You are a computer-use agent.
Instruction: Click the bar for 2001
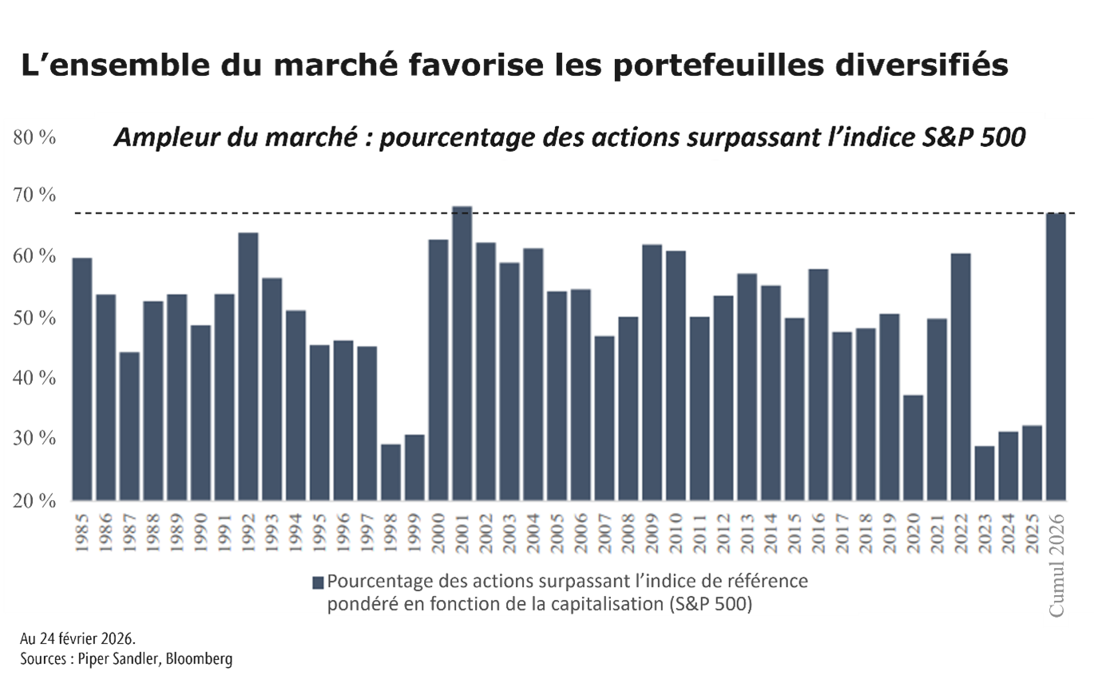[462, 353]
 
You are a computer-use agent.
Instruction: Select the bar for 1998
[390, 471]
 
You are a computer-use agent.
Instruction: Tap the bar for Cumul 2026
[1056, 356]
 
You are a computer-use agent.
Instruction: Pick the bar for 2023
[985, 472]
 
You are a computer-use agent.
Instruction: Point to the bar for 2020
[914, 447]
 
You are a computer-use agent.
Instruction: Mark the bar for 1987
[129, 426]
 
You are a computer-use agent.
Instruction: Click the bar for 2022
[961, 376]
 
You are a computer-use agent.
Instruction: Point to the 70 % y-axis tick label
[34, 195]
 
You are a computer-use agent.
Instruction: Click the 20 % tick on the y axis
[34, 501]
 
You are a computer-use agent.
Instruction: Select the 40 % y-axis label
[34, 378]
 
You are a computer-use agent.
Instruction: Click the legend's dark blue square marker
[318, 582]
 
